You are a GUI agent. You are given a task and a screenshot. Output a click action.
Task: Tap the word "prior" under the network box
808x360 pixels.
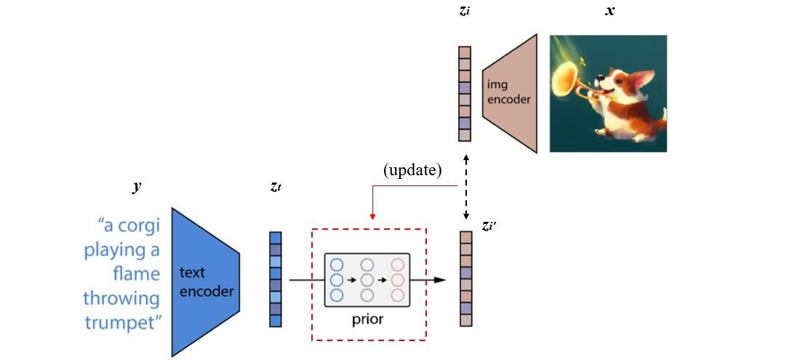[367, 319]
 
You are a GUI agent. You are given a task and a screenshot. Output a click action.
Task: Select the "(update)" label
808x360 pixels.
[412, 170]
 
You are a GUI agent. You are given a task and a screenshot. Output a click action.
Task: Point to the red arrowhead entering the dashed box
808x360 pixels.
[372, 216]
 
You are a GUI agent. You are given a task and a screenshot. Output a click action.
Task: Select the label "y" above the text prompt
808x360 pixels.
[136, 187]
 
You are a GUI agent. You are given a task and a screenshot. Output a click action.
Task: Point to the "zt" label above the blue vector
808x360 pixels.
[275, 188]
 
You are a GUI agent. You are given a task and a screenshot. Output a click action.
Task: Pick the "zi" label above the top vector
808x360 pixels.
[464, 12]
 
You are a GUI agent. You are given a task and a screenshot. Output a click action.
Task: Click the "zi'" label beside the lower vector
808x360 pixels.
[489, 226]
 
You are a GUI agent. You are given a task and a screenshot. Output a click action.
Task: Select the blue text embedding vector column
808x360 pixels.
[275, 279]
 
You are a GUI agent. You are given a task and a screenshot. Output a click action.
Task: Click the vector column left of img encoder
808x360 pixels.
[465, 94]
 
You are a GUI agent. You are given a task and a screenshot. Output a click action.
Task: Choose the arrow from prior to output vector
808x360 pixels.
[436, 279]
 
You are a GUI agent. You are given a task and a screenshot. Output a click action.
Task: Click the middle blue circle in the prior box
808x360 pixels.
[336, 279]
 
